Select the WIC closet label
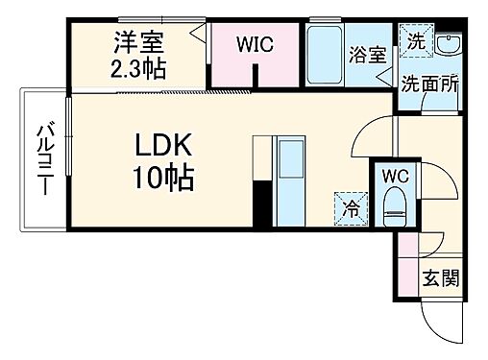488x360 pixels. pyautogui.click(x=255, y=43)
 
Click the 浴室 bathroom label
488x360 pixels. pyautogui.click(x=369, y=55)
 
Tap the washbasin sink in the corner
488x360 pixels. pyautogui.click(x=448, y=44)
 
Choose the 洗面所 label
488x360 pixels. pyautogui.click(x=430, y=83)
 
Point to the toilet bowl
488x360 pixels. pyautogui.click(x=394, y=204)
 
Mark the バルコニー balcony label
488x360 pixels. pyautogui.click(x=44, y=159)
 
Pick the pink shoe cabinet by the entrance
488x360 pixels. pyautogui.click(x=407, y=263)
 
